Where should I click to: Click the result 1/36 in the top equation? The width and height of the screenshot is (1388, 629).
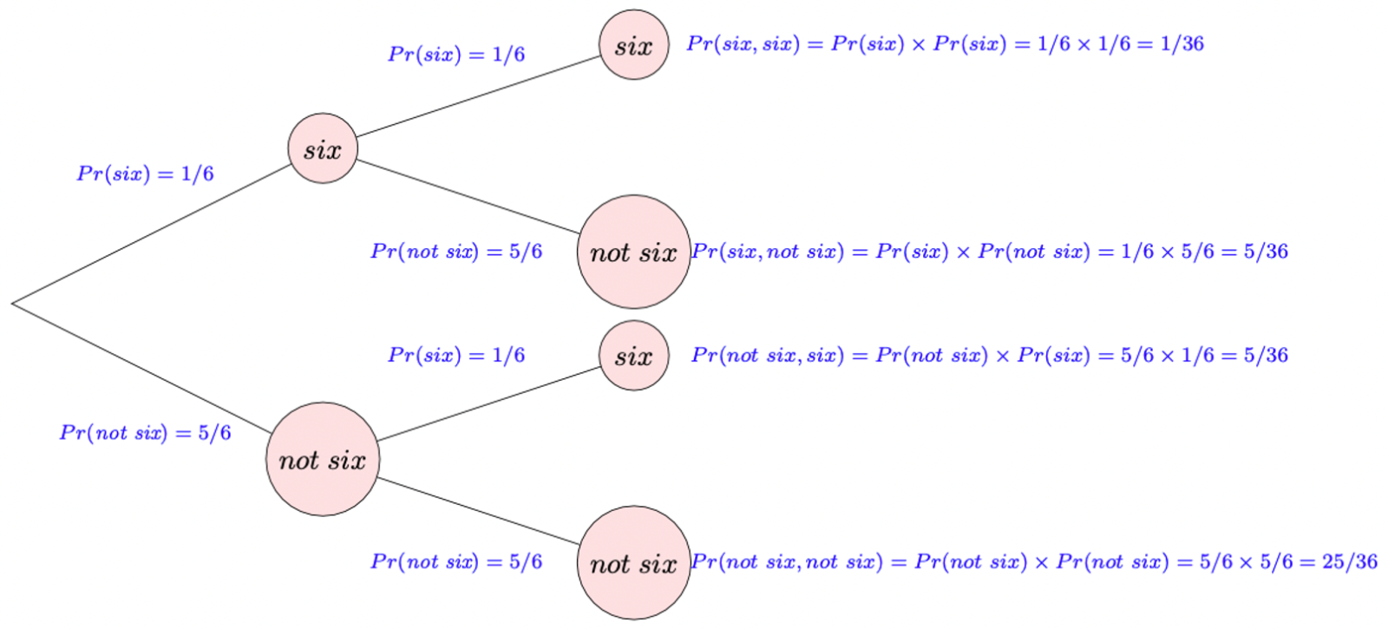point(1182,44)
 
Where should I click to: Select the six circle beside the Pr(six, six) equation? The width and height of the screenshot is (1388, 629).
point(634,45)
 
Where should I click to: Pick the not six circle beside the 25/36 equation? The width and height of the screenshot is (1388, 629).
point(634,563)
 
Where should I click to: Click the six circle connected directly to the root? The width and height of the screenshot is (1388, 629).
point(323,148)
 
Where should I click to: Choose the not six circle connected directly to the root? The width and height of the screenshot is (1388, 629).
point(323,459)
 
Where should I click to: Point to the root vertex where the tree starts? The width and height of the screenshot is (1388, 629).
point(13,304)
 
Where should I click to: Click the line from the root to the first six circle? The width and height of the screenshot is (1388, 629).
point(152,234)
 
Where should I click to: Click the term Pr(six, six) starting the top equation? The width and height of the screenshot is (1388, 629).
point(743,44)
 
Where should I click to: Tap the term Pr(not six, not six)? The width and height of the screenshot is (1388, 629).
point(787,562)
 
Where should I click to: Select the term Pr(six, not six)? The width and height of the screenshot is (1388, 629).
point(768,252)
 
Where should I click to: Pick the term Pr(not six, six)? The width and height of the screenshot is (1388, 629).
point(768,356)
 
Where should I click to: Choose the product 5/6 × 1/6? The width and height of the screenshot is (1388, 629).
point(1167,356)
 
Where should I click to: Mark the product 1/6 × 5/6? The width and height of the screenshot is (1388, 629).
point(1167,252)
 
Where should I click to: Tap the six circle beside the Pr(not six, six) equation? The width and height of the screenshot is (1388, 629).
point(634,356)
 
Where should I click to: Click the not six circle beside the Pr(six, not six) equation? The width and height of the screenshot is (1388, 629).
point(634,252)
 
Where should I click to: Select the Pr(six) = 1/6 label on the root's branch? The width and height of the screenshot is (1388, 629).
point(145,174)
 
